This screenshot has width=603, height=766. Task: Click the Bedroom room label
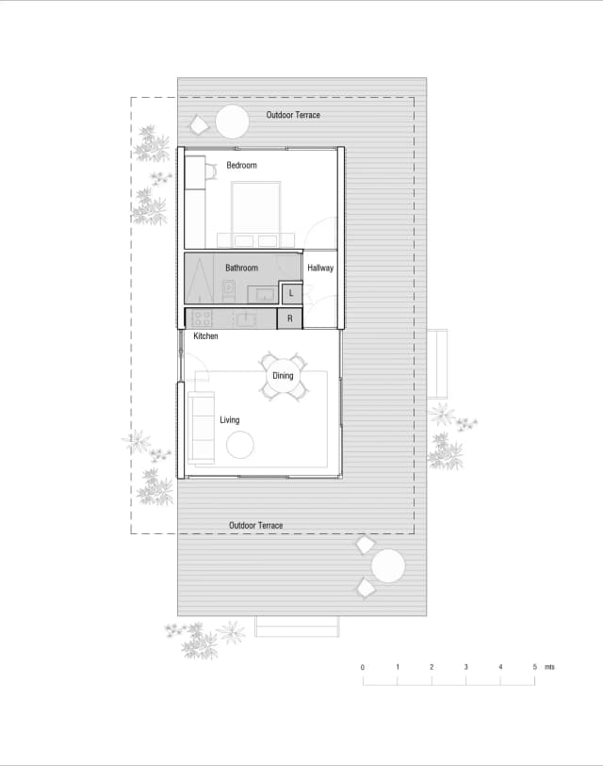[x=241, y=166]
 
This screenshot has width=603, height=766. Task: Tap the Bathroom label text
[x=241, y=269]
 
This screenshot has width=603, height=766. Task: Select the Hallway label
[x=320, y=269]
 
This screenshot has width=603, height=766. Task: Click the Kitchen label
[x=205, y=336]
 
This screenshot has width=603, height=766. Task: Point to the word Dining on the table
[x=283, y=376]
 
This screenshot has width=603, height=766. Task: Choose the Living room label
[x=230, y=420]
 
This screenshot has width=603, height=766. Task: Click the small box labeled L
[x=291, y=294]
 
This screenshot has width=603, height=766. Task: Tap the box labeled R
[x=289, y=318]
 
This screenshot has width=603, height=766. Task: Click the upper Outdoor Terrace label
[x=293, y=115]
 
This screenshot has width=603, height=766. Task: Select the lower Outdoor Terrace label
[x=256, y=526]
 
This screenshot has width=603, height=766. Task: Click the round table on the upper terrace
[x=232, y=122]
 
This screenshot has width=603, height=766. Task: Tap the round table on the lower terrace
[x=388, y=566]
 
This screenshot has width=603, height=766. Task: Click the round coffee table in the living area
[x=240, y=444]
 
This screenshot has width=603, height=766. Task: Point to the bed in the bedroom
[x=256, y=212]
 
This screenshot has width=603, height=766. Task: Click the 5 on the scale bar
[x=534, y=667]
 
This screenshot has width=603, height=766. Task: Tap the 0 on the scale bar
[x=363, y=667]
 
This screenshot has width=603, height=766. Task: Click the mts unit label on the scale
[x=549, y=667]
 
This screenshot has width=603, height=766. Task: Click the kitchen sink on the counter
[x=247, y=318]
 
